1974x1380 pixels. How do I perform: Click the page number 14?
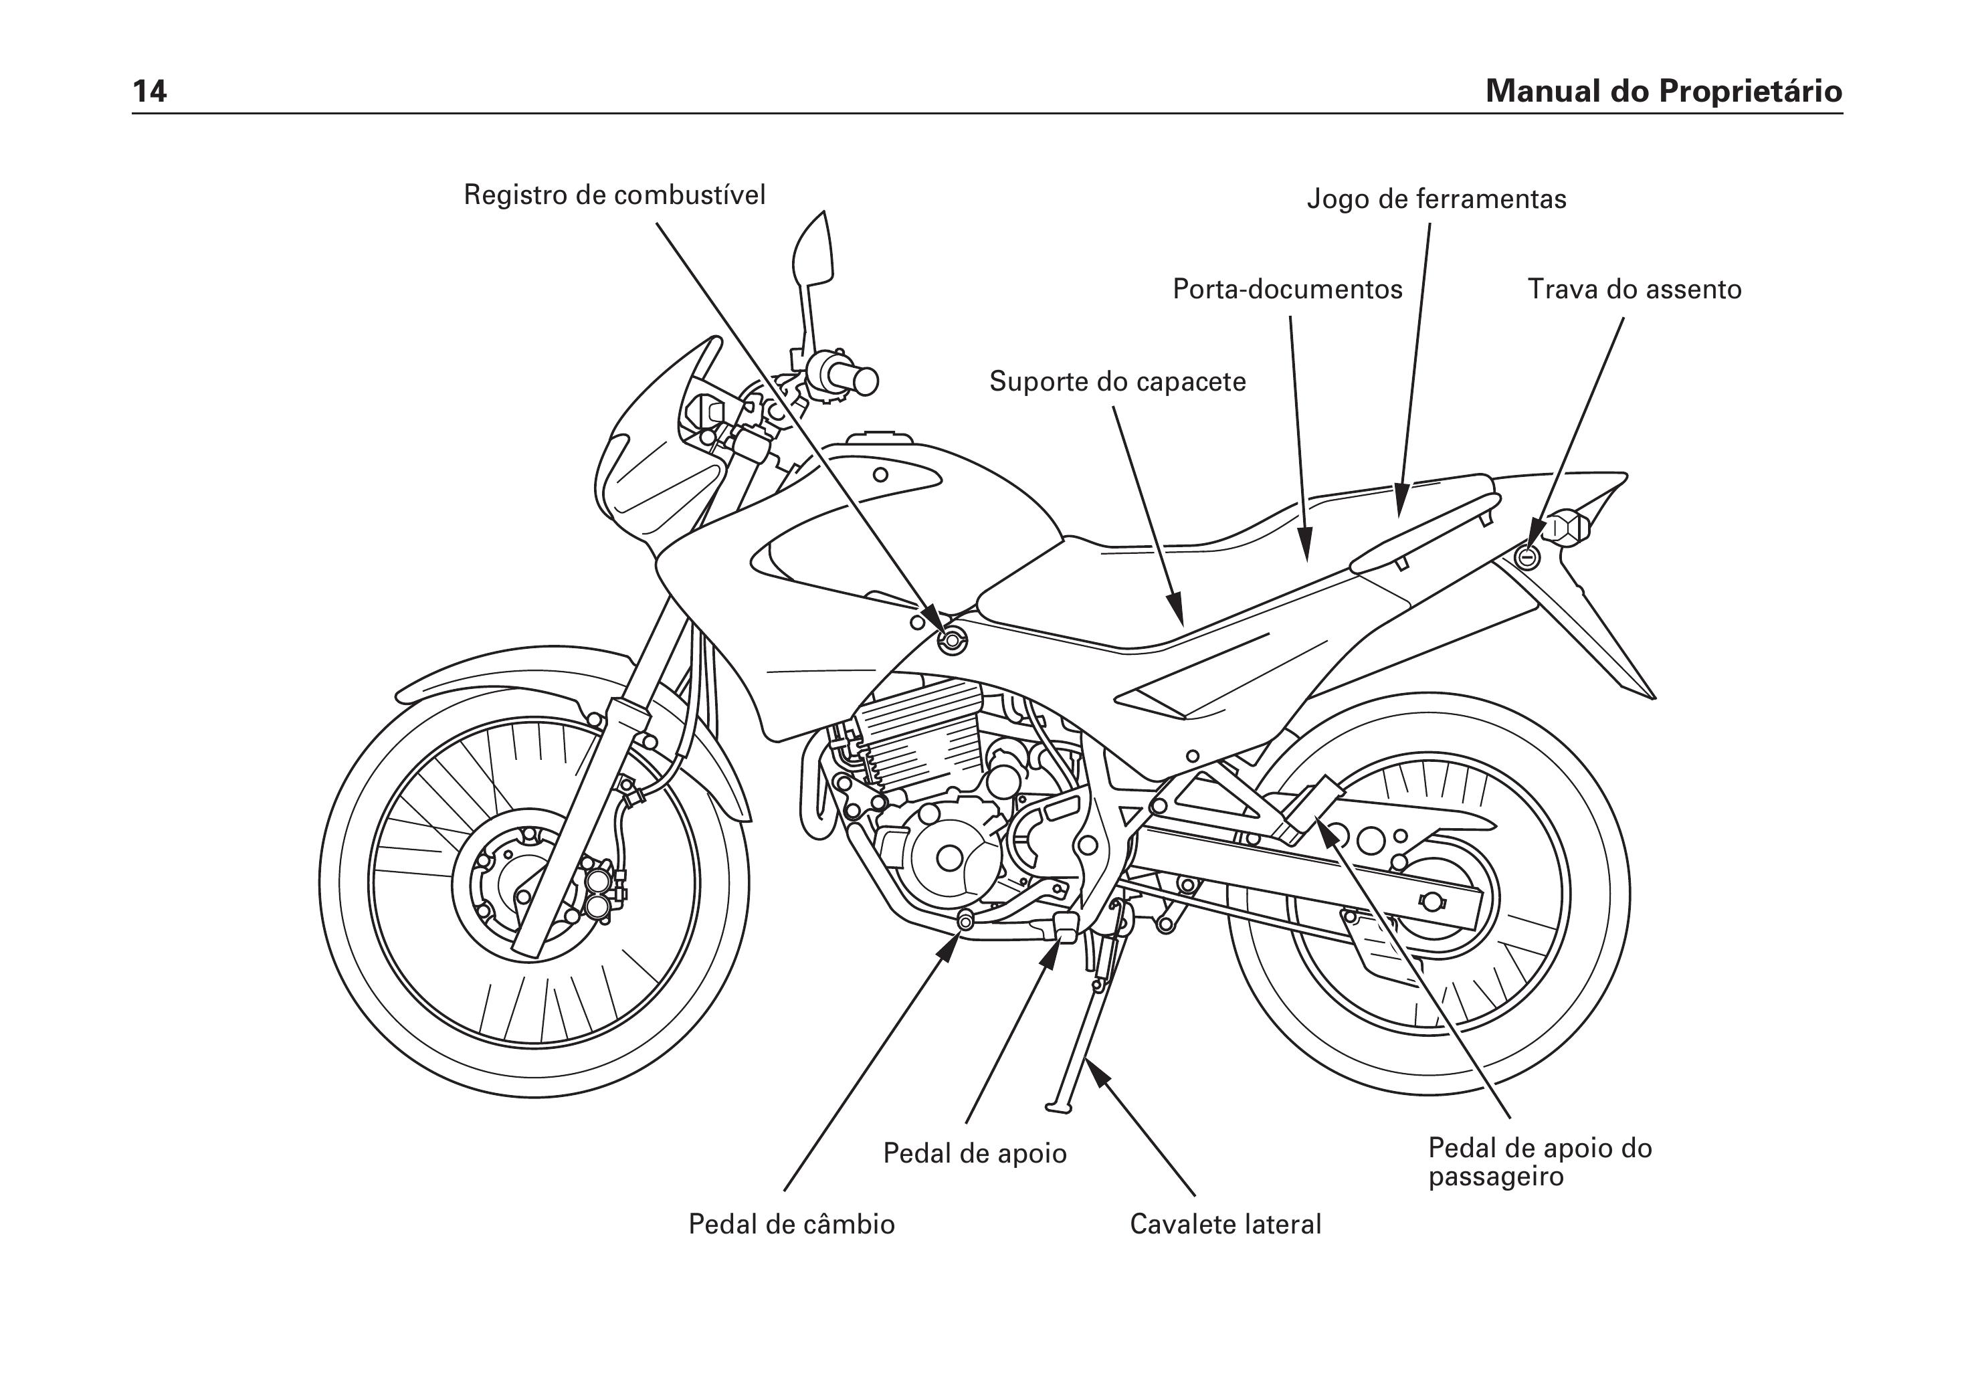click(150, 90)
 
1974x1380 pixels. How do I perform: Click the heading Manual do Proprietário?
click(1664, 90)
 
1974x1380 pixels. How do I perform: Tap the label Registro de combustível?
click(614, 195)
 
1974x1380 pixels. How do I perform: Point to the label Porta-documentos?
click(1287, 289)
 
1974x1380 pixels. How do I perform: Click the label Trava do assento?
click(1634, 289)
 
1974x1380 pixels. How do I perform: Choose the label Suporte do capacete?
click(1118, 381)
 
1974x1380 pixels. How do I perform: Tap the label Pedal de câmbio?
click(791, 1223)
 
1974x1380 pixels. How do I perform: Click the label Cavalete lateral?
click(1225, 1223)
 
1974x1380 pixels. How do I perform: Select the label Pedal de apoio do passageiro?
click(1540, 1162)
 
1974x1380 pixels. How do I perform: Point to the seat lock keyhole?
click(1528, 557)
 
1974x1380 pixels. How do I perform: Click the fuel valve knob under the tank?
click(951, 639)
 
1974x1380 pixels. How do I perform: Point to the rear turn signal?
click(1567, 528)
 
